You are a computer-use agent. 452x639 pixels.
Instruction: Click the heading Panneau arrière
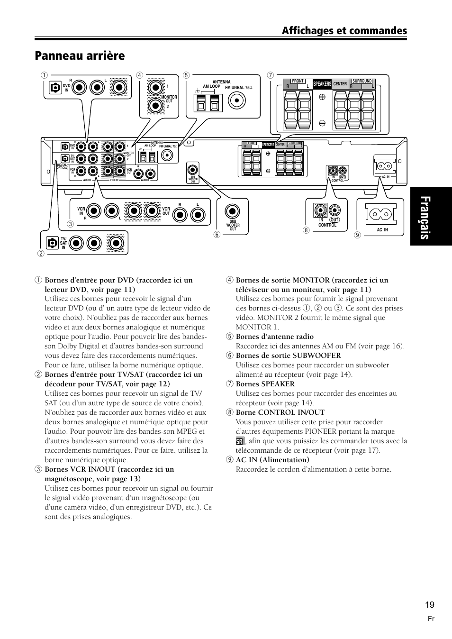[x=80, y=56]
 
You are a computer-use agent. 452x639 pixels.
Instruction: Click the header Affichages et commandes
[x=344, y=31]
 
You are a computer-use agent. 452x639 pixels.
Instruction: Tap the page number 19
[x=429, y=604]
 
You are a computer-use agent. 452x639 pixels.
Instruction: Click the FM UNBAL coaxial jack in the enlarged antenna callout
[x=237, y=100]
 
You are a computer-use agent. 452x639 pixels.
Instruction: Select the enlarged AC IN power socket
[x=382, y=215]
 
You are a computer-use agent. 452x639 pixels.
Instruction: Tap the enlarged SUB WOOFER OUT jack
[x=233, y=210]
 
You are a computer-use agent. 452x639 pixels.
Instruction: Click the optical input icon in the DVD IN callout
[x=55, y=88]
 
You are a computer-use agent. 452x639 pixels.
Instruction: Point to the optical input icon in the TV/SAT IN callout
[x=52, y=244]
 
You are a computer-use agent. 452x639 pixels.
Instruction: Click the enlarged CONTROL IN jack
[x=321, y=210]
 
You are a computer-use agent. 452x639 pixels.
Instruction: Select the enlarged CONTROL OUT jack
[x=334, y=210]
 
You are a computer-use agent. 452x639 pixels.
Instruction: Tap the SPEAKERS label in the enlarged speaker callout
[x=322, y=84]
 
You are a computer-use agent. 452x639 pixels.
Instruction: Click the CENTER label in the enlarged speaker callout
[x=340, y=84]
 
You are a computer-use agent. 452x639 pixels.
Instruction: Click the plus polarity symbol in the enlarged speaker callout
[x=322, y=97]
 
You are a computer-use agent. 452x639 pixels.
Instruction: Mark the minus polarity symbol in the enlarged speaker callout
[x=322, y=122]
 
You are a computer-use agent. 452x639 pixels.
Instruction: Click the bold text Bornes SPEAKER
[x=265, y=384]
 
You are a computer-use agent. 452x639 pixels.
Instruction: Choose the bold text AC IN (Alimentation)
[x=272, y=460]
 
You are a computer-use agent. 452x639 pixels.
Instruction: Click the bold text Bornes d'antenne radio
[x=274, y=337]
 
